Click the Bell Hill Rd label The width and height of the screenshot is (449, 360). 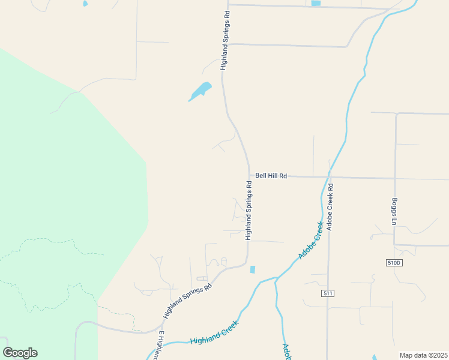coord(271,176)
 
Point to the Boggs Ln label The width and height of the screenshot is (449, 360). coord(394,211)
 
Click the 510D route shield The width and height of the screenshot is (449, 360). coord(393,263)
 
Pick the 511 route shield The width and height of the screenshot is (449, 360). coord(327,293)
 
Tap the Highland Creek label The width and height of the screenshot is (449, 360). coord(214,332)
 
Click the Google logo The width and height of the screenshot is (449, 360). coord(20,353)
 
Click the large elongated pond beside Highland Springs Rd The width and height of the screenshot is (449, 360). coord(200,91)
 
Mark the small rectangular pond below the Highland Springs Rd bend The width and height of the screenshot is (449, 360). coord(252,269)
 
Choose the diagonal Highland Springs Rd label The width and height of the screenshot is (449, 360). coord(187,301)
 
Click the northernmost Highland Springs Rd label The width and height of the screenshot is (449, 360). coord(225,41)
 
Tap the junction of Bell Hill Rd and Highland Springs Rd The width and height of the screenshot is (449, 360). coord(249,176)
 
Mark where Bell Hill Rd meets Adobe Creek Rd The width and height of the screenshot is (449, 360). coord(329,177)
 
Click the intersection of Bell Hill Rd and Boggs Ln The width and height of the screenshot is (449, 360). coord(395,178)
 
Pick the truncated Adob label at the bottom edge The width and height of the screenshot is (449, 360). coord(287,352)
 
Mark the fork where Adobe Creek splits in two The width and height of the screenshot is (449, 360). coord(276,278)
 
